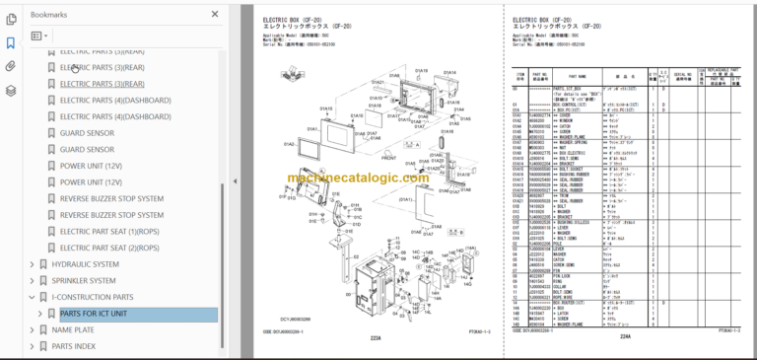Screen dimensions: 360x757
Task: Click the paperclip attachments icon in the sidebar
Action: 11,66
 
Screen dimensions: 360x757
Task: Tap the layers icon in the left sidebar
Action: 11,90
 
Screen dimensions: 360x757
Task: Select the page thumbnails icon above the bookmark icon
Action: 11,19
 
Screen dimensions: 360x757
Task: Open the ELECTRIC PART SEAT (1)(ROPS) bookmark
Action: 108,231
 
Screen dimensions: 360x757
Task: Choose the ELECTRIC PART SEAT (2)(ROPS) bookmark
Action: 108,248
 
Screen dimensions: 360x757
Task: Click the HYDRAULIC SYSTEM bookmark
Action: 85,264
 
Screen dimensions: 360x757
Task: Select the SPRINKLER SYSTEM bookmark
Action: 84,280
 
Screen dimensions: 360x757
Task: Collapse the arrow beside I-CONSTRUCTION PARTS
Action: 32,297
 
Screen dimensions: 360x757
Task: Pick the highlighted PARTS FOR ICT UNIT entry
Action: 94,314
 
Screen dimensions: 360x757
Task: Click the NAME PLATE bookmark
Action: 73,330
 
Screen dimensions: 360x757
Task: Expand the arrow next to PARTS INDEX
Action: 32,346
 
